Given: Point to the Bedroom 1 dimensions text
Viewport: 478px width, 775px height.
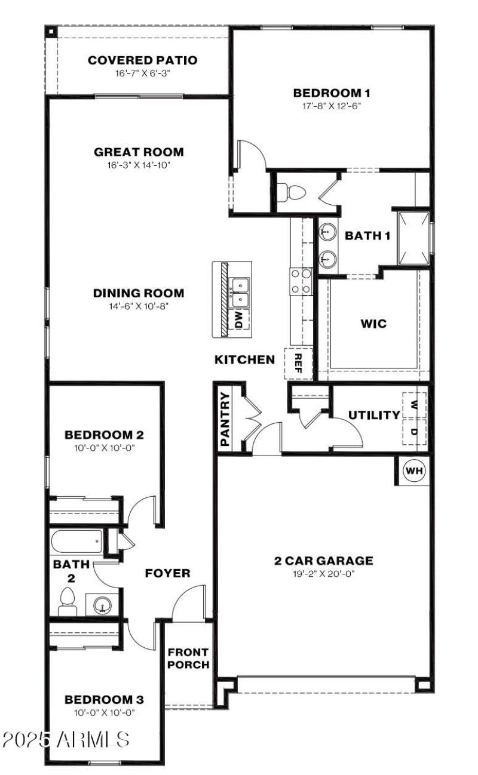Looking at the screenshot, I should tap(332, 105).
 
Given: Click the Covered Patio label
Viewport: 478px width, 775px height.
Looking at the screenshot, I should tap(142, 60).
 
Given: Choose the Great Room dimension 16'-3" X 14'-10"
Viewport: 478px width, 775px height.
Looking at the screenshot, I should tap(139, 164).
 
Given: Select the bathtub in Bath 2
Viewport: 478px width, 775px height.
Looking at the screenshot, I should tap(76, 542).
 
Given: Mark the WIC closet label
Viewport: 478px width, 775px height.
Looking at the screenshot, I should tap(373, 324).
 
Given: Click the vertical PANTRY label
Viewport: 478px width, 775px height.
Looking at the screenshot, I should tap(225, 419).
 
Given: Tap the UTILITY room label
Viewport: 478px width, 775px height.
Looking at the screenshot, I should tap(374, 415).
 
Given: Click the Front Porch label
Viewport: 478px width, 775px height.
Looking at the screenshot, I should tap(188, 658).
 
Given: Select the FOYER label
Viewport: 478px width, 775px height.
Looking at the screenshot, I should tap(168, 574).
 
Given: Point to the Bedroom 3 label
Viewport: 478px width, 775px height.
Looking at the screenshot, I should tap(104, 699).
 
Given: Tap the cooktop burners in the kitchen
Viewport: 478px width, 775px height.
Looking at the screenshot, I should tap(301, 281).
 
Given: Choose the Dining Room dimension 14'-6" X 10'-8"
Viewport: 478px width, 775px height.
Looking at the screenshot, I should tap(138, 306).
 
